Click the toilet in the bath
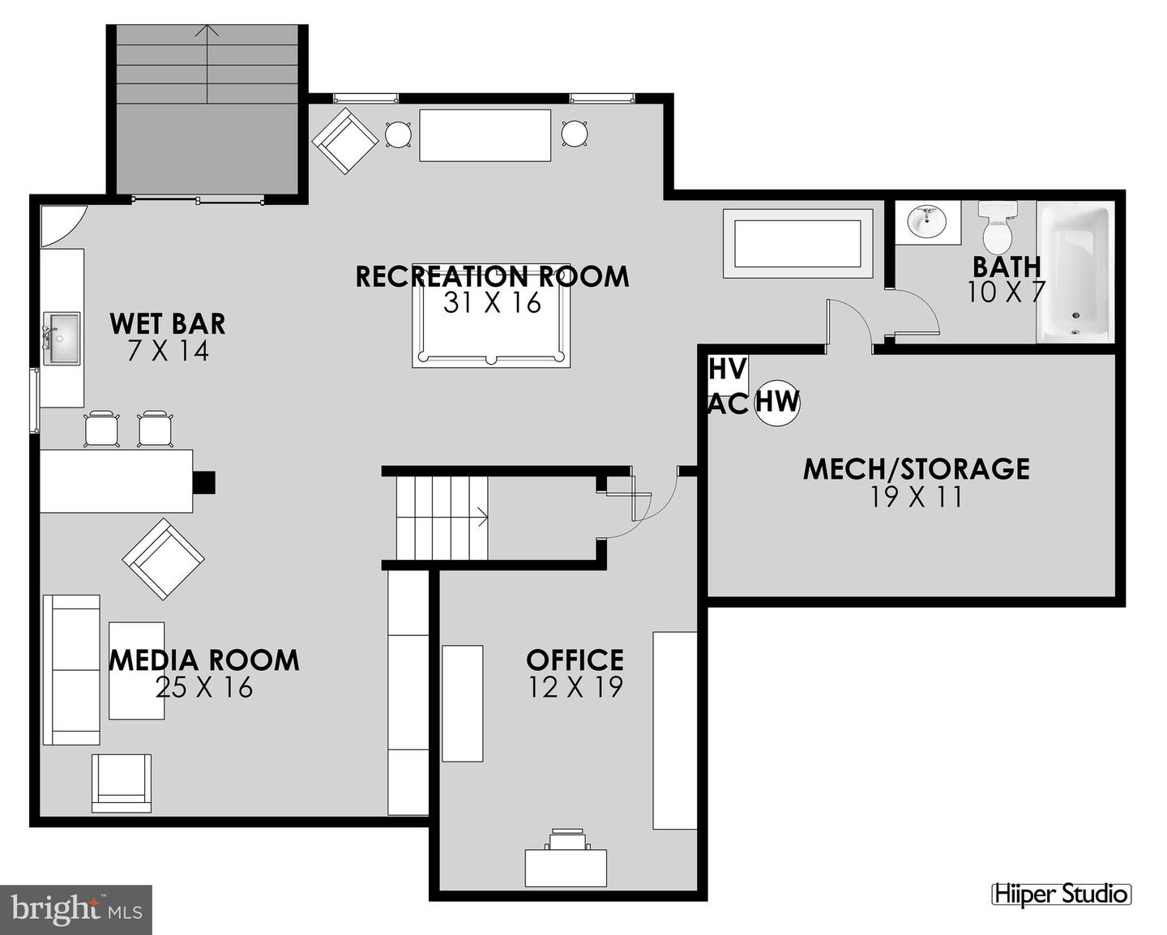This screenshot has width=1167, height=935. (x=998, y=228)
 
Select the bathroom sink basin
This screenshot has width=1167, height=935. (x=926, y=220)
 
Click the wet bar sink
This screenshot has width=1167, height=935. (x=62, y=339)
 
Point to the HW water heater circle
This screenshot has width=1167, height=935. (x=777, y=402)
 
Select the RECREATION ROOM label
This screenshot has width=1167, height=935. (x=492, y=276)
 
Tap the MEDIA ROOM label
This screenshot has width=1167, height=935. (x=204, y=660)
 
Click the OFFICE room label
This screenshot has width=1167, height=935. (x=575, y=660)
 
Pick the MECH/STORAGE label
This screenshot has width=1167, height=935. (x=916, y=468)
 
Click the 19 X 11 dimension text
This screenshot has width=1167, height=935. (x=916, y=497)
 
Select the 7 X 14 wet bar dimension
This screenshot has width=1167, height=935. (x=168, y=351)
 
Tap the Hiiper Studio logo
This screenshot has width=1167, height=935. (x=1061, y=894)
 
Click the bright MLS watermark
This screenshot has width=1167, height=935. (x=76, y=909)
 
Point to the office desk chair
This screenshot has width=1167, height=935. (x=566, y=839)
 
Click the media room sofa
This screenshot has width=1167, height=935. (x=71, y=669)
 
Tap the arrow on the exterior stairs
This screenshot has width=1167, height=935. (x=209, y=32)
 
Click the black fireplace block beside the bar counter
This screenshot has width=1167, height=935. (x=203, y=482)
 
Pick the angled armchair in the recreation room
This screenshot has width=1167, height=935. (x=344, y=142)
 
